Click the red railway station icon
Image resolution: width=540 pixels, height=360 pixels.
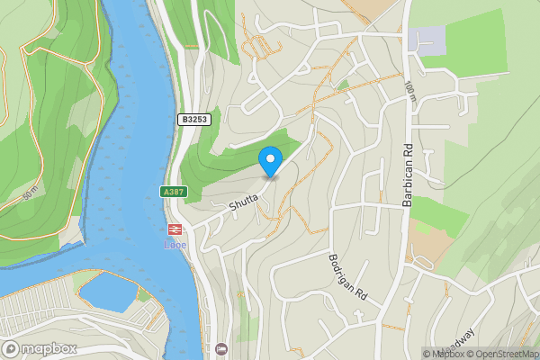click(174, 229)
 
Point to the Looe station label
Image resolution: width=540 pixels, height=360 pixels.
click(174, 244)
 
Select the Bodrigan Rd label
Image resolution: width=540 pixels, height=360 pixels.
click(349, 276)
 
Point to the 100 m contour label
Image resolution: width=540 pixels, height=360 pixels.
click(410, 91)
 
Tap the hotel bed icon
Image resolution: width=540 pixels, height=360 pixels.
click(222, 348)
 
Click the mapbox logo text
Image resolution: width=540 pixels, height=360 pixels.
click(47, 348)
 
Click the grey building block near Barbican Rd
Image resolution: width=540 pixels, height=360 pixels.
click(426, 40)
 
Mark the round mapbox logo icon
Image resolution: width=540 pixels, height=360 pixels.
click(12, 348)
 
